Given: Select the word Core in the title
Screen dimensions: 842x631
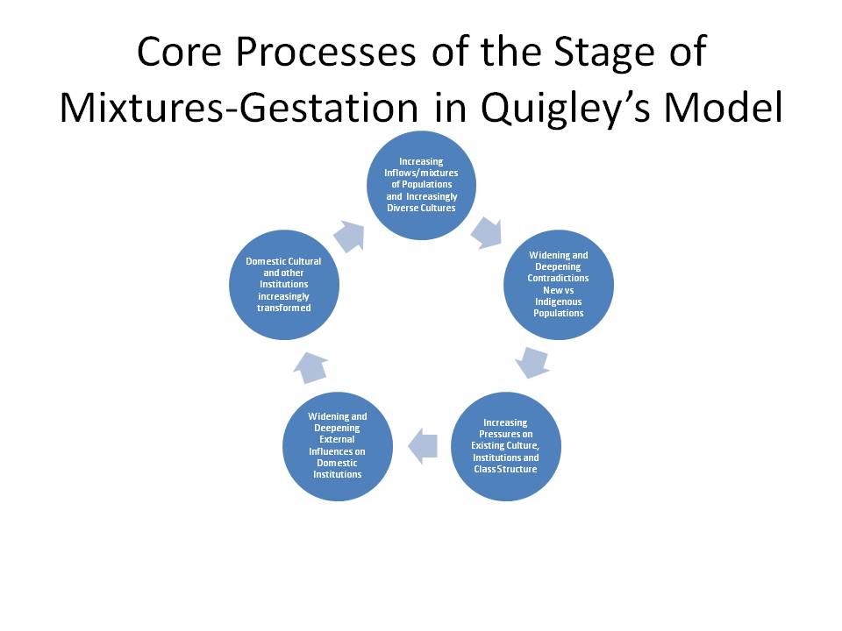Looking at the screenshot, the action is (x=179, y=52).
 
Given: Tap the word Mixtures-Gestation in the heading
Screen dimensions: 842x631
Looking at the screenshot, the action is (x=239, y=109).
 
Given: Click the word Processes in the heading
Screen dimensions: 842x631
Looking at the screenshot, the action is (x=325, y=52).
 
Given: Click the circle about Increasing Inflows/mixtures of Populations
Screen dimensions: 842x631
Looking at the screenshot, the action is (x=422, y=185).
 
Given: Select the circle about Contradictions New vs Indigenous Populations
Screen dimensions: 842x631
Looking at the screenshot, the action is (x=559, y=284).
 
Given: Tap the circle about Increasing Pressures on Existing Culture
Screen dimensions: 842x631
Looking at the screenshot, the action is (x=506, y=446).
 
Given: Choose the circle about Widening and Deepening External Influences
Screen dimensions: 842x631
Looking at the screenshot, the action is (x=337, y=446).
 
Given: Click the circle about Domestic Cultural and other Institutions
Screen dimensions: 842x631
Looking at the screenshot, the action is (x=284, y=284).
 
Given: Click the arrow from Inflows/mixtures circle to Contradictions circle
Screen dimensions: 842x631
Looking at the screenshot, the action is (x=487, y=233).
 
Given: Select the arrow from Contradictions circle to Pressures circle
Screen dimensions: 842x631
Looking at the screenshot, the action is (x=532, y=362).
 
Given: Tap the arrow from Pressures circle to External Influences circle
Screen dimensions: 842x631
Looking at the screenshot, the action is (x=423, y=446).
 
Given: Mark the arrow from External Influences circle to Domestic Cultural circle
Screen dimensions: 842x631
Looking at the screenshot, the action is (x=310, y=368).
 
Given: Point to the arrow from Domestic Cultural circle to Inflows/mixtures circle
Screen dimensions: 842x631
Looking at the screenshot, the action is (x=349, y=236).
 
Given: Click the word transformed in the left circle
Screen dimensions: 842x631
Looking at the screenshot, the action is (x=284, y=308).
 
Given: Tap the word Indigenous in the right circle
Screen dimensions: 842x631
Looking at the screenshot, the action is (x=559, y=301).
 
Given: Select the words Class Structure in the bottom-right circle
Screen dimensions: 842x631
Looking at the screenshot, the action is (x=505, y=469).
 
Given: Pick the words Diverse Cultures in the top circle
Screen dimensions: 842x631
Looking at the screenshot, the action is (x=422, y=208).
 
